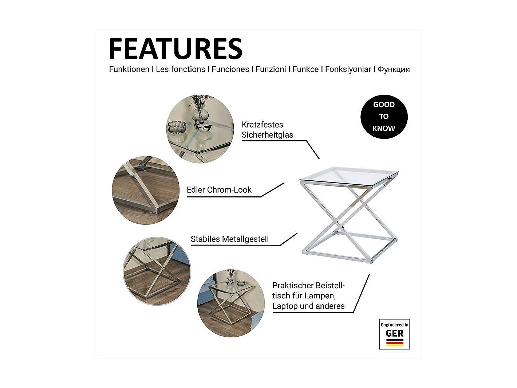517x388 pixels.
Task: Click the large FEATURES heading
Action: (x=175, y=49)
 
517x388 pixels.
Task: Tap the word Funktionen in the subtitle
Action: (x=129, y=69)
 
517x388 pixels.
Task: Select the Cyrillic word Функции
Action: (x=394, y=69)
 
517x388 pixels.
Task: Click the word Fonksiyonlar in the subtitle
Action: (x=348, y=69)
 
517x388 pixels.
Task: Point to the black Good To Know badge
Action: (x=384, y=117)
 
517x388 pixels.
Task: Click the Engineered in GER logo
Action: (x=395, y=334)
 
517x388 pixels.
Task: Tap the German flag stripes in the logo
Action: (x=395, y=342)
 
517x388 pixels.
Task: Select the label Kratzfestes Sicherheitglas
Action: (x=267, y=130)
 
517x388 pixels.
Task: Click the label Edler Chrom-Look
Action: (x=219, y=190)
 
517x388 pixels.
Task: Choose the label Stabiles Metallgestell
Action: (x=230, y=239)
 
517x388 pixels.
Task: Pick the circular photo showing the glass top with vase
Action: (x=200, y=129)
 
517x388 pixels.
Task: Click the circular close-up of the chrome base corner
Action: (x=146, y=190)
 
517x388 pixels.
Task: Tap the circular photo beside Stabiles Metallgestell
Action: (x=157, y=271)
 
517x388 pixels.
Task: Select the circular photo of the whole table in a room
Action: (x=231, y=303)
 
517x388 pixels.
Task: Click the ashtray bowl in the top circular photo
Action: (x=177, y=127)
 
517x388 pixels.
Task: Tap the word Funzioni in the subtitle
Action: (x=271, y=69)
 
